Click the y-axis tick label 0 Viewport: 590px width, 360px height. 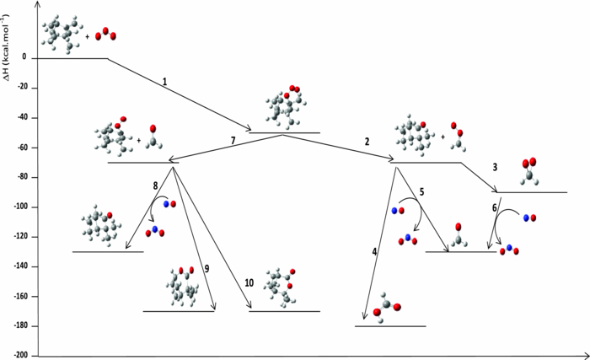pyautogui.click(x=24, y=57)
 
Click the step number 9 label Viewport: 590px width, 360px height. pyautogui.click(x=206, y=268)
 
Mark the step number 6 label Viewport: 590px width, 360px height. pyautogui.click(x=494, y=207)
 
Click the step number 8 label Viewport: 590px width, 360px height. pyautogui.click(x=155, y=185)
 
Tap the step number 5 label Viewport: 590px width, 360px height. pyautogui.click(x=421, y=192)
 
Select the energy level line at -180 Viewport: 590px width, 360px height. pyautogui.click(x=390, y=325)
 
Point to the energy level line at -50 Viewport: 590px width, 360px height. pyautogui.click(x=284, y=132)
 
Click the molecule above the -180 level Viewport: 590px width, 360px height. pyautogui.click(x=384, y=304)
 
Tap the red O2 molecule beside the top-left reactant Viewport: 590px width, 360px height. pyautogui.click(x=105, y=35)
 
